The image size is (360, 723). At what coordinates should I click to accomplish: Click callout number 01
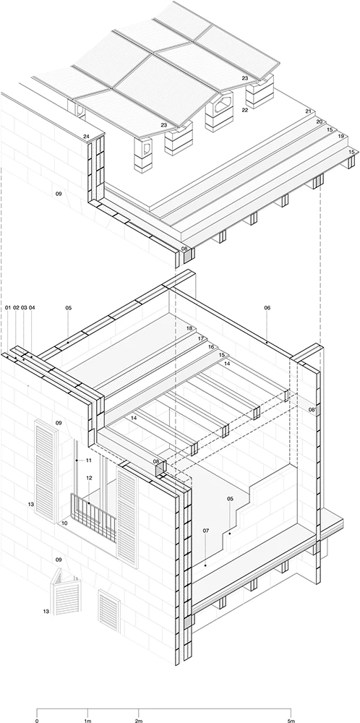[x=8, y=307]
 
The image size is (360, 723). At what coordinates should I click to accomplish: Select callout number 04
[x=32, y=307]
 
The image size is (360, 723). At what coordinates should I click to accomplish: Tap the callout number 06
[x=267, y=307]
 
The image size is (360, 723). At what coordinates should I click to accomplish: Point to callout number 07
[x=205, y=531]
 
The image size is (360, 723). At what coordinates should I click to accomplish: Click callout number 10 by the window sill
[x=64, y=523]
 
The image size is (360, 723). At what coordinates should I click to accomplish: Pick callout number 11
[x=89, y=460]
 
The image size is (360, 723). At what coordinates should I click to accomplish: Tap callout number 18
[x=189, y=328]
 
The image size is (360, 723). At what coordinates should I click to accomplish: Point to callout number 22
[x=245, y=110]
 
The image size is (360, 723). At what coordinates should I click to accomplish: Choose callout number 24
[x=86, y=137]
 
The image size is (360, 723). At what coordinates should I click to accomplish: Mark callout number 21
[x=309, y=111]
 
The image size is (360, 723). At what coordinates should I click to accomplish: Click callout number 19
[x=341, y=137]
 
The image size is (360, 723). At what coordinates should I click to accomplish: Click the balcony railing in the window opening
[x=93, y=516]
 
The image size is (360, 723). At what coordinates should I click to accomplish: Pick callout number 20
[x=319, y=121]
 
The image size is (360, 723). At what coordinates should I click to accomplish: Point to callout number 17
[x=200, y=338]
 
